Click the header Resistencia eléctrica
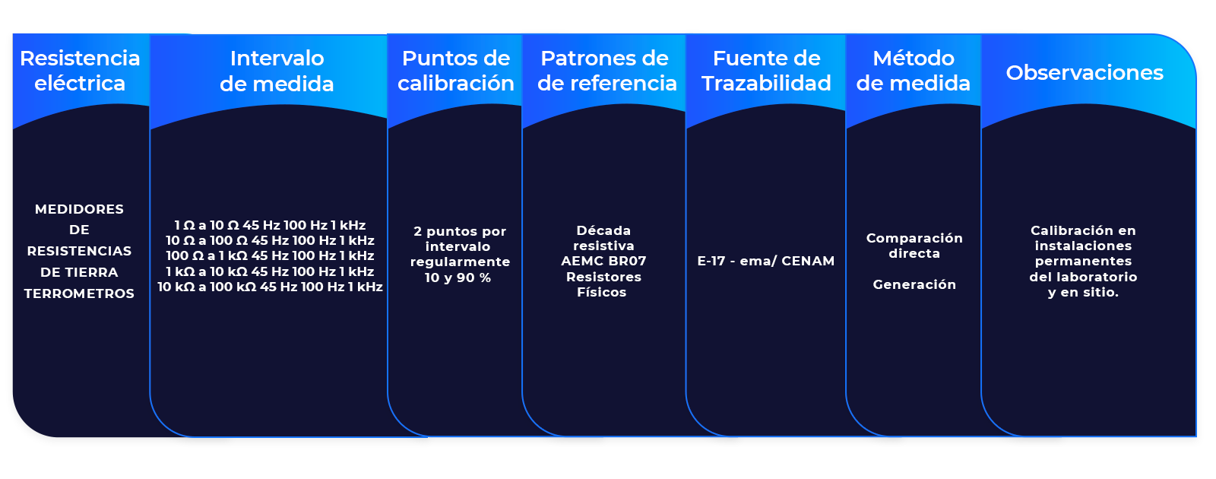click(x=80, y=71)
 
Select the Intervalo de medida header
click(x=277, y=71)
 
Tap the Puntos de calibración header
click(x=456, y=71)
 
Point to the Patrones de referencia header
click(x=606, y=71)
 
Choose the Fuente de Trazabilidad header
click(x=766, y=71)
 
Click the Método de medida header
click(x=914, y=71)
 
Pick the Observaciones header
click(x=1085, y=73)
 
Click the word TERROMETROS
click(x=79, y=293)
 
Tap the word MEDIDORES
click(x=79, y=209)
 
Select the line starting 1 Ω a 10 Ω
click(x=270, y=225)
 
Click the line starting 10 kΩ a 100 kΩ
click(x=270, y=287)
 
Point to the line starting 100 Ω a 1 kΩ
click(x=270, y=255)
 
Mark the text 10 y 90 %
click(x=458, y=278)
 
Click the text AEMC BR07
click(x=603, y=261)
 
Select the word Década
click(x=603, y=230)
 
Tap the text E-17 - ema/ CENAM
click(x=765, y=261)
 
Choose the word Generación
click(x=914, y=284)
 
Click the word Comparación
click(x=914, y=238)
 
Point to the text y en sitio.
click(x=1083, y=292)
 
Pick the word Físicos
click(x=601, y=292)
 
